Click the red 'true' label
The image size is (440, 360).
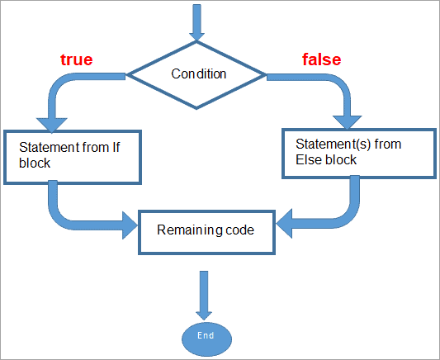pyautogui.click(x=75, y=59)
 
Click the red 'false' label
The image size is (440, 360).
pyautogui.click(x=321, y=59)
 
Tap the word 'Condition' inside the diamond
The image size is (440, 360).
pyautogui.click(x=198, y=74)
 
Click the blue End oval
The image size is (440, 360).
pyautogui.click(x=206, y=337)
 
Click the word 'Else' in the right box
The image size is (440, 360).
pyautogui.click(x=306, y=159)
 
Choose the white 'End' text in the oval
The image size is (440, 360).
pyautogui.click(x=206, y=337)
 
